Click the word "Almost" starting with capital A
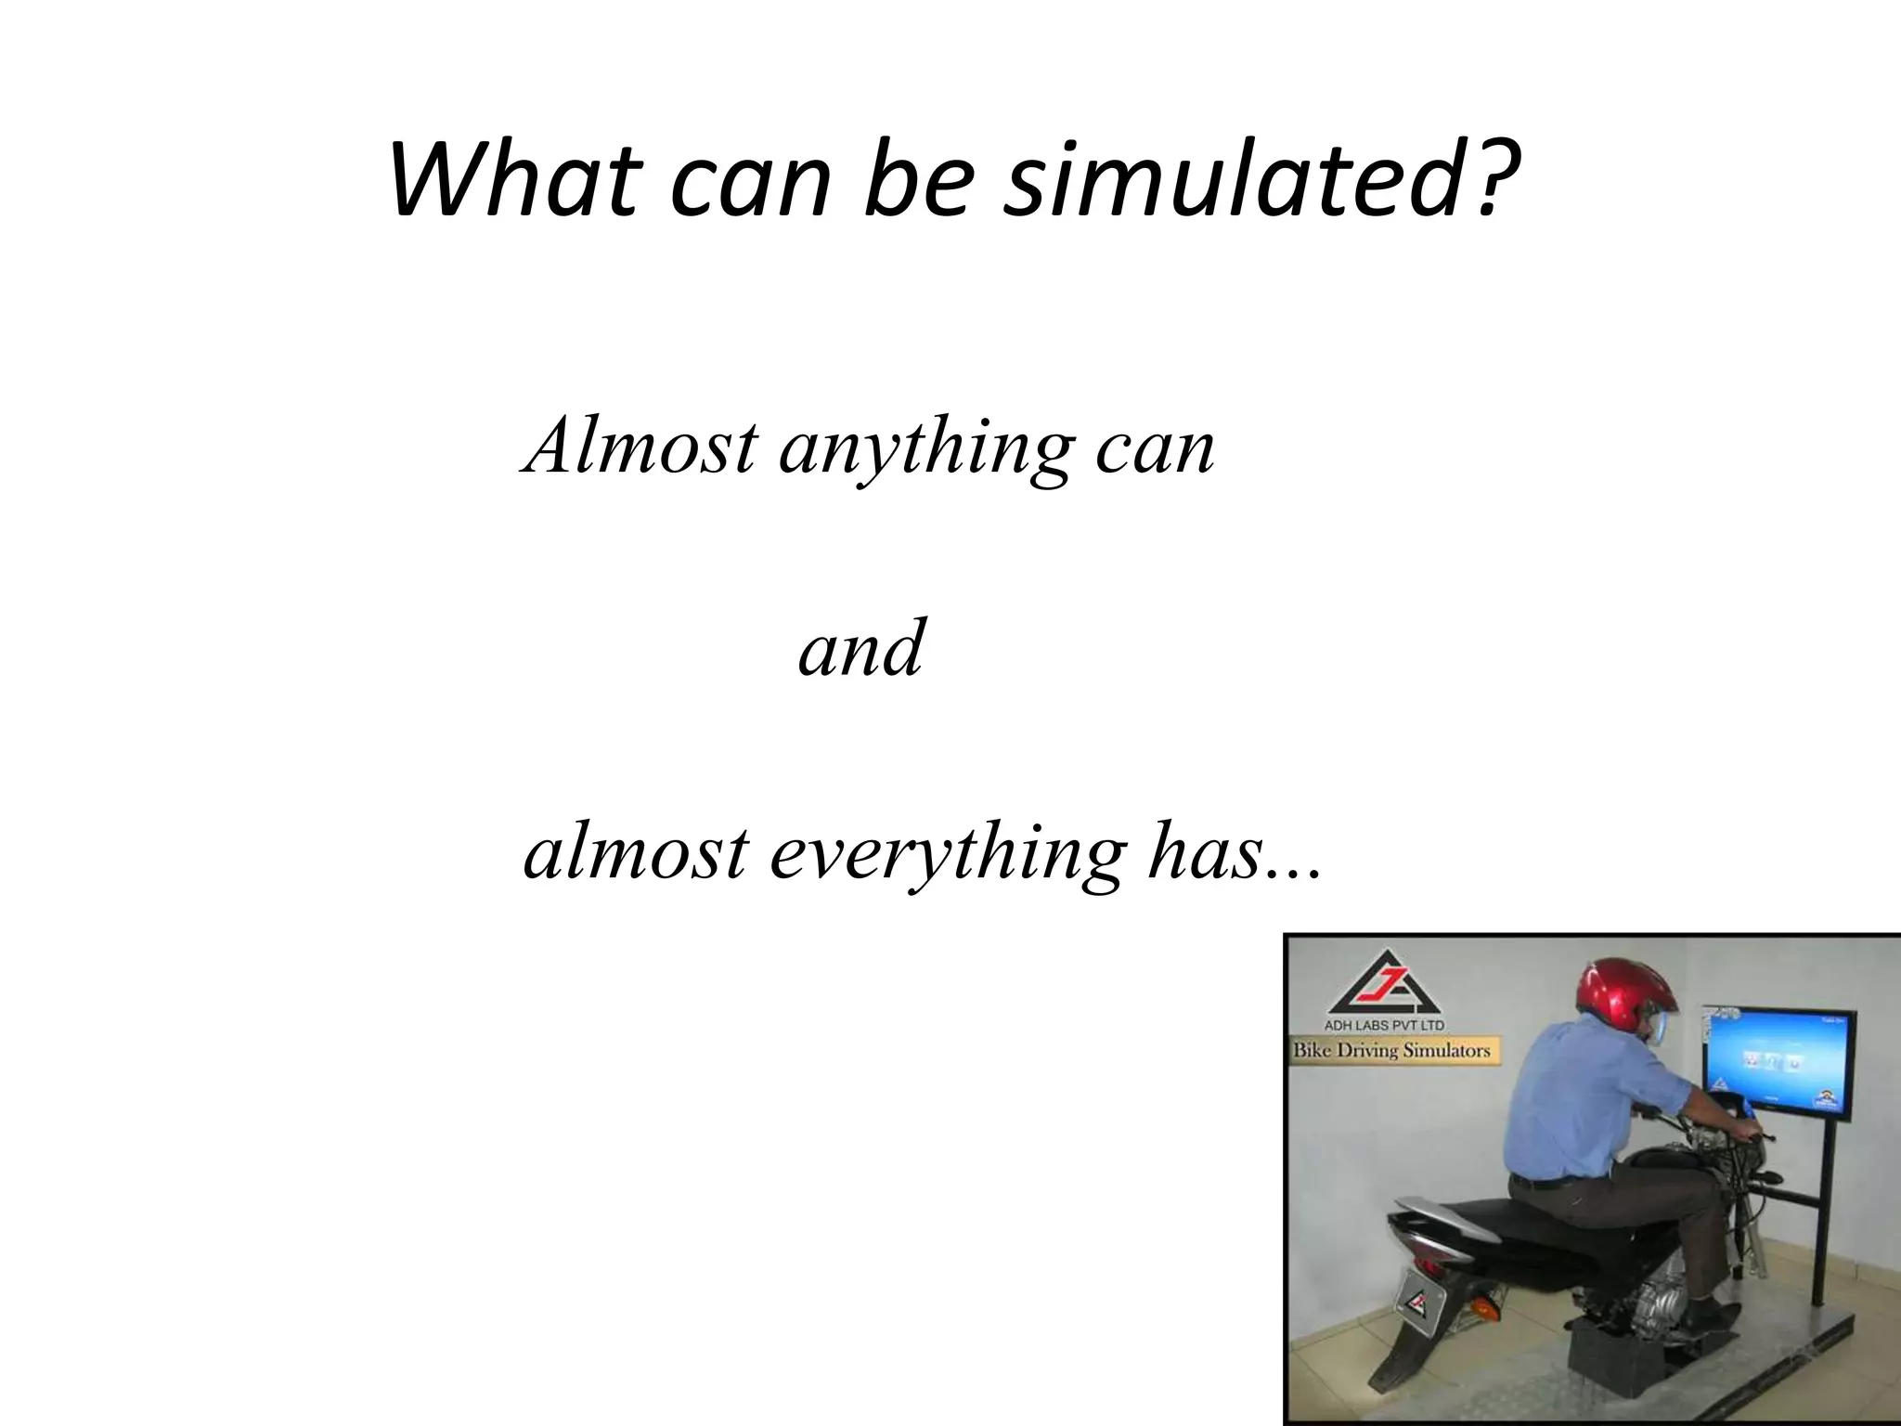pyautogui.click(x=640, y=446)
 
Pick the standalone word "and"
pyautogui.click(x=860, y=647)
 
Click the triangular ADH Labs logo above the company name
pyautogui.click(x=1384, y=984)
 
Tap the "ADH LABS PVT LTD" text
pyautogui.click(x=1382, y=1026)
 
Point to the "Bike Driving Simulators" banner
pyautogui.click(x=1392, y=1051)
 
